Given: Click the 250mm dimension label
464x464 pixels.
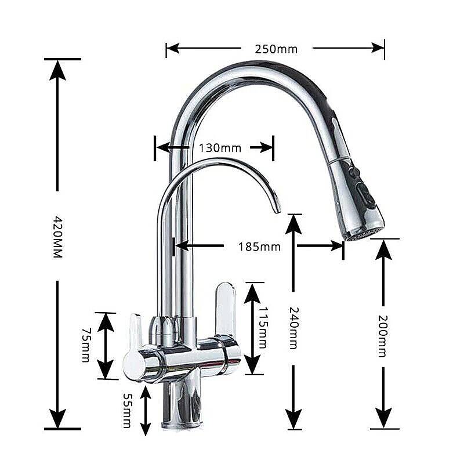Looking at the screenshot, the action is pos(276,49).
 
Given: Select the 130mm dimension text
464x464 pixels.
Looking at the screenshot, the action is pos(220,148).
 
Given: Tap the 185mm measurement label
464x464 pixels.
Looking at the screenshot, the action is pos(259,246).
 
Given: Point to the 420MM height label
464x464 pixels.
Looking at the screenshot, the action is pos(57,237).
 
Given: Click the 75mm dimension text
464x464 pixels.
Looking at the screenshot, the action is pos(86,345).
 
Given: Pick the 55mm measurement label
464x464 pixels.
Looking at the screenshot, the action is pos(127,411).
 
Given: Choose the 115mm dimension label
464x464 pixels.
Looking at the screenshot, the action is pos(263,328).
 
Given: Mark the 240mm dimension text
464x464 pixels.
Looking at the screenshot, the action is pos(293,328).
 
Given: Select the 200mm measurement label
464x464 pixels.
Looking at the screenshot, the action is pos(383,336).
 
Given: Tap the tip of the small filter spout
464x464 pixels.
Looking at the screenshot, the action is pos(277,211).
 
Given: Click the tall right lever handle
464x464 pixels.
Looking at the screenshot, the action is pos(226,309).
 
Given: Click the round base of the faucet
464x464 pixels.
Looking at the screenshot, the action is pos(183,426).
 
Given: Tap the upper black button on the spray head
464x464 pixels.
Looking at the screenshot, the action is pos(354,172).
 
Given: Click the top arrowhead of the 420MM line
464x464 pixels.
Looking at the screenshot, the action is pos(57,70).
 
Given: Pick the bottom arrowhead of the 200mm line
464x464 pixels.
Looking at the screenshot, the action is pos(383,418).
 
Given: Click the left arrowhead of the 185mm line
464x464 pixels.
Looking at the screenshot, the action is pos(182,245).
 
